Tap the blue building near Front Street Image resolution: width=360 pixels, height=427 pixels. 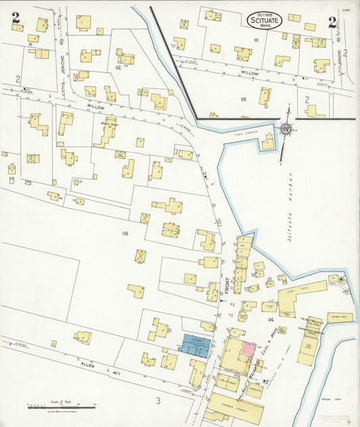click(x=195, y=344)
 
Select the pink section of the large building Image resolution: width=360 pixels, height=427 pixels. click(x=249, y=349)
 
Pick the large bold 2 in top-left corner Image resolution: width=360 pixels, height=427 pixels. click(x=15, y=18)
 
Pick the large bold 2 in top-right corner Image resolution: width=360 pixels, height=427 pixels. click(x=332, y=22)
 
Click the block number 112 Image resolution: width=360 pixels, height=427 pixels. click(x=118, y=68)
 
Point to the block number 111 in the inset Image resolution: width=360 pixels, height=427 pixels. click(x=256, y=40)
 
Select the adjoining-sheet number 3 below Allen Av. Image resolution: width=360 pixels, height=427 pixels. click(x=158, y=401)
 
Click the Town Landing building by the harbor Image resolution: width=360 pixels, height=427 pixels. click(x=267, y=143)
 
